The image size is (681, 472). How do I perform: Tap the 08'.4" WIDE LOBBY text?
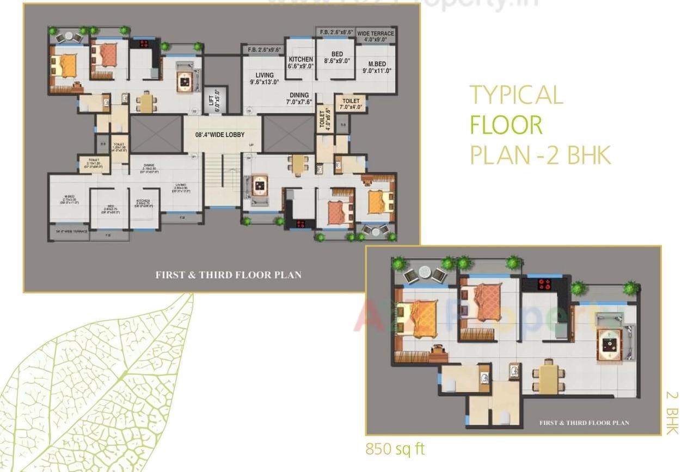[220, 135]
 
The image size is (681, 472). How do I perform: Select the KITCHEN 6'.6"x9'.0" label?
[301, 63]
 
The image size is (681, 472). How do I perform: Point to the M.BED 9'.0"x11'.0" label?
[377, 67]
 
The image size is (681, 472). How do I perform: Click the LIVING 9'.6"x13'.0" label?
[265, 79]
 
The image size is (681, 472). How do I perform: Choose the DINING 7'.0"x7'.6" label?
[299, 98]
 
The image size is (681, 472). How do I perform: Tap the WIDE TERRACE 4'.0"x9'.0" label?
[376, 36]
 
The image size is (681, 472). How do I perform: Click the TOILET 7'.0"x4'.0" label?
[351, 104]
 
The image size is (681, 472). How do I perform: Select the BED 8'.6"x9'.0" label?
[337, 58]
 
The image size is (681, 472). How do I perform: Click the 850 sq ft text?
[395, 450]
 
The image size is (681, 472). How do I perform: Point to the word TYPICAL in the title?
[516, 95]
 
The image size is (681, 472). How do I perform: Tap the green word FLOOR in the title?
[506, 126]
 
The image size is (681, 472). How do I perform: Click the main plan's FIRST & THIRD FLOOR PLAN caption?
[228, 275]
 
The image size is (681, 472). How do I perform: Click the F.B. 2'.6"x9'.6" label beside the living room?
[264, 49]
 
